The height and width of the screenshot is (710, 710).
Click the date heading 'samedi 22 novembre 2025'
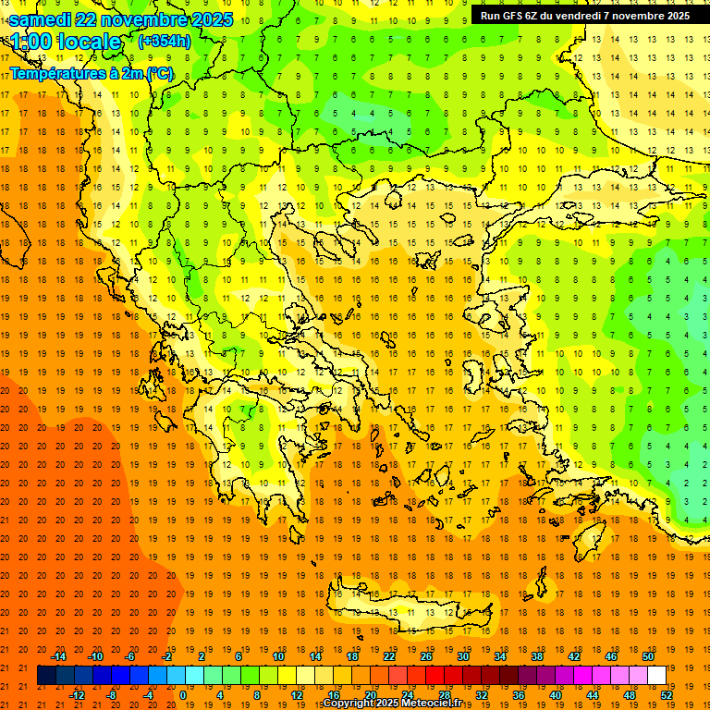click(121, 19)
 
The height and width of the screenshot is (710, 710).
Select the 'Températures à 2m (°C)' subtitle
click(91, 73)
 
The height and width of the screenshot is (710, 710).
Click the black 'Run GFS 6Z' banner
click(584, 16)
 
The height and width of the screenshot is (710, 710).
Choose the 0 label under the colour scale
click(183, 695)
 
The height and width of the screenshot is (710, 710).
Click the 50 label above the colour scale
click(647, 655)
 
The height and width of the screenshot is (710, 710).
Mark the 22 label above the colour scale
click(389, 655)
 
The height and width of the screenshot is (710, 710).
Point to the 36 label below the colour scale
click(519, 695)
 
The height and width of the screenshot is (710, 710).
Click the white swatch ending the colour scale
click(656, 676)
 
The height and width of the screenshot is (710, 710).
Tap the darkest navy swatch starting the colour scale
click(46, 676)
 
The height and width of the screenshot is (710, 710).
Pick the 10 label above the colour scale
click(278, 655)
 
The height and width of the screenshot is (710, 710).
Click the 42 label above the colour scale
click(574, 655)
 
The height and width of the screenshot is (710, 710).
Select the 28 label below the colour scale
click(445, 695)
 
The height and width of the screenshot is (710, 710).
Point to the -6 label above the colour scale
click(130, 655)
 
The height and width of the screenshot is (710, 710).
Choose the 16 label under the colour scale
click(334, 695)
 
